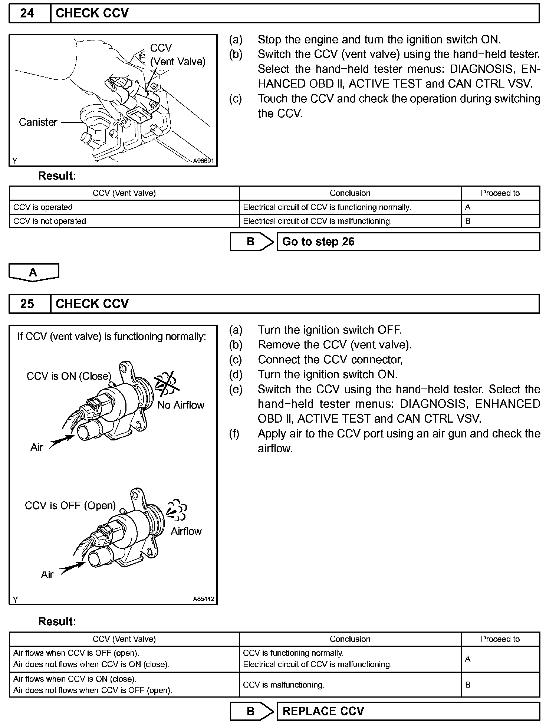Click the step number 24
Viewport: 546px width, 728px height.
point(27,13)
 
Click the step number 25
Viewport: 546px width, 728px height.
point(27,304)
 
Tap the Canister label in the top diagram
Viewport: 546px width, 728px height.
point(38,122)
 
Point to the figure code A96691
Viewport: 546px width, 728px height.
point(203,161)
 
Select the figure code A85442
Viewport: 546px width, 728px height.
point(203,599)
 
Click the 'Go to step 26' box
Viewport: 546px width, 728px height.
point(408,242)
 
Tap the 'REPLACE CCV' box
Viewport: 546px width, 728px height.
point(408,711)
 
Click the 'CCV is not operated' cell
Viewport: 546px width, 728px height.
point(124,221)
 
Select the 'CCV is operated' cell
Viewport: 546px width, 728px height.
point(124,207)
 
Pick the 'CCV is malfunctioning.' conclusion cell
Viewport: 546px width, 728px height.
point(350,685)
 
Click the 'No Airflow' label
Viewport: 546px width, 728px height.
point(181,405)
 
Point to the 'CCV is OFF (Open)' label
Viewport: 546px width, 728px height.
point(70,505)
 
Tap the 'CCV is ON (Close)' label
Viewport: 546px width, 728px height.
point(69,376)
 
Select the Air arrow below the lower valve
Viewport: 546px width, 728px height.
point(73,568)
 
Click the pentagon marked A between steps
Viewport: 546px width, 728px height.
point(33,272)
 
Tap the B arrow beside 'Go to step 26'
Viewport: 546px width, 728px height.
point(252,242)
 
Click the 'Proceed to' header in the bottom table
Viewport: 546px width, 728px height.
point(500,639)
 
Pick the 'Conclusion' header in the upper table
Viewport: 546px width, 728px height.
point(350,193)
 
